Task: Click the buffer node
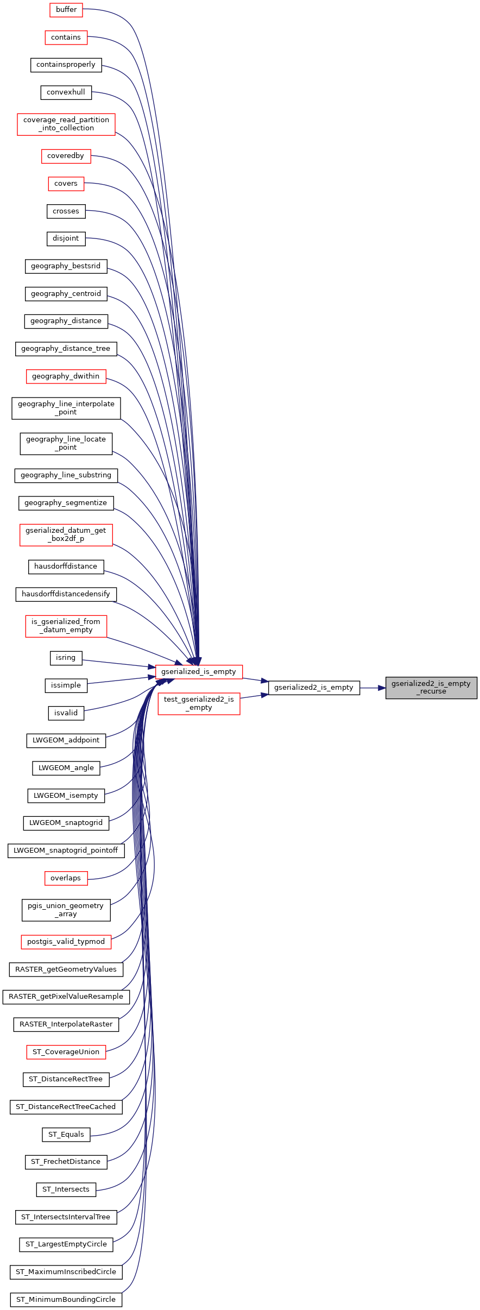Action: click(66, 10)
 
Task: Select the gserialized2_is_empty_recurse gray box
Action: click(431, 688)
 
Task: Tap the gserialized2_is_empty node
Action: click(314, 688)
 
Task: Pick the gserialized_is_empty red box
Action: click(199, 672)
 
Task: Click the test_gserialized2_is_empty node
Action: click(199, 703)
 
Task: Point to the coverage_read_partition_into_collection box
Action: click(66, 124)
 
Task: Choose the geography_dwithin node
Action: click(66, 376)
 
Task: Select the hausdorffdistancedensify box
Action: click(66, 594)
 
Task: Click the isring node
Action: click(66, 658)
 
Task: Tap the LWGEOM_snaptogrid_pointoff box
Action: click(66, 851)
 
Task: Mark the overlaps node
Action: click(66, 878)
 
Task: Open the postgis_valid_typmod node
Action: click(66, 942)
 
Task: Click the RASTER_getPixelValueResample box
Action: click(66, 997)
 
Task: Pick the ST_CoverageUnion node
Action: click(66, 1052)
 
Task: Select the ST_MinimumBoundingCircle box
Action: click(66, 1300)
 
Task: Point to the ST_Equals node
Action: click(66, 1135)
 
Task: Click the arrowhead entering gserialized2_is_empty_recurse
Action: click(381, 688)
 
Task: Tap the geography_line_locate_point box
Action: click(66, 444)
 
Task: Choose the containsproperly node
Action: click(66, 65)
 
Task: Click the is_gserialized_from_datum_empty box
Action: click(66, 626)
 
